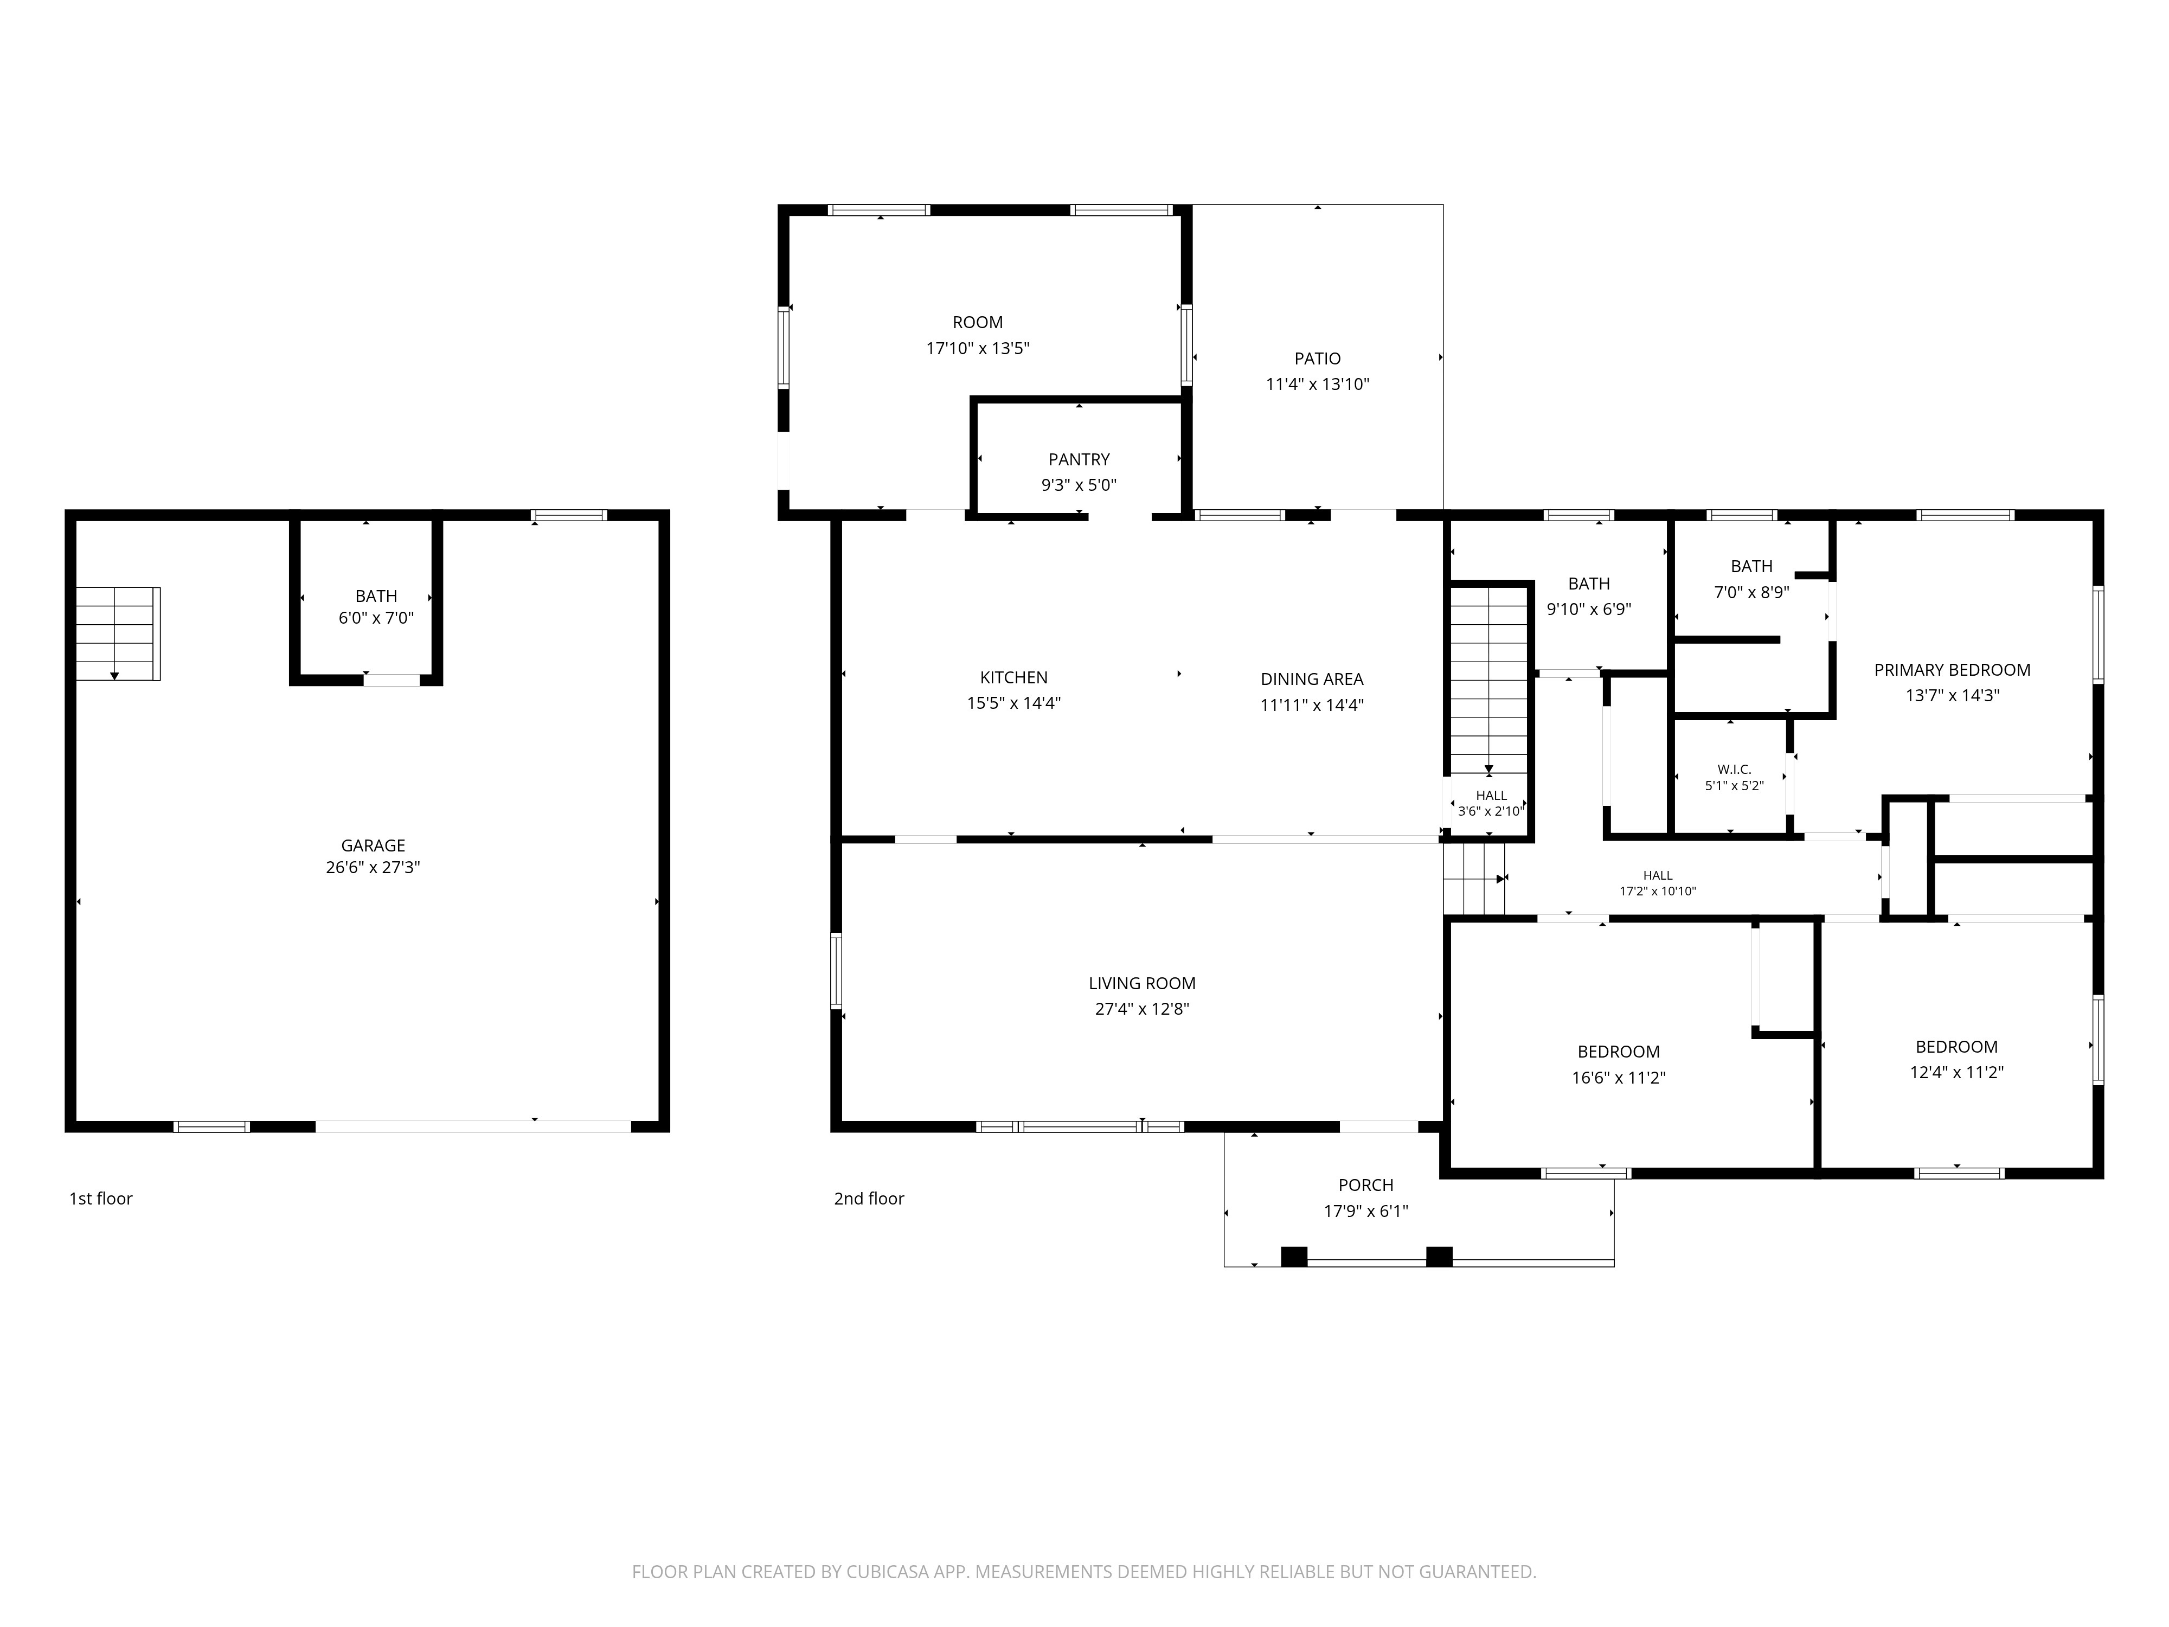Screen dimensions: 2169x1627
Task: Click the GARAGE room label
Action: (373, 845)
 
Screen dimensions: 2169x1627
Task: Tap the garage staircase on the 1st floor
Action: (118, 633)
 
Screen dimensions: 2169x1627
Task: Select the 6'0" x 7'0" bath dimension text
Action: (376, 619)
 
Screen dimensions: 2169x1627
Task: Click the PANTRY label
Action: (1079, 459)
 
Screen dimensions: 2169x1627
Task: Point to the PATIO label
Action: (1317, 359)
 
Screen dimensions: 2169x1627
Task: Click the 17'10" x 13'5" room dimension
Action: (978, 348)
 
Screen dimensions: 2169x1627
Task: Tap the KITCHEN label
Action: (1014, 678)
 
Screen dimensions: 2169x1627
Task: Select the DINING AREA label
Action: (1312, 678)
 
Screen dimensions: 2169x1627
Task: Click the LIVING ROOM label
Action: (1143, 984)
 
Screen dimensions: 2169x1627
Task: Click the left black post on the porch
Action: (1294, 1256)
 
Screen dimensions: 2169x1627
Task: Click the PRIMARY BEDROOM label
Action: (1952, 670)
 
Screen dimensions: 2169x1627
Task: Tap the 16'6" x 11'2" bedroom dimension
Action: (1619, 1078)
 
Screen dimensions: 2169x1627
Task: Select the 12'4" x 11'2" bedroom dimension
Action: (1956, 1073)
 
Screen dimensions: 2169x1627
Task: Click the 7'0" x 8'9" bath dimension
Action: (1751, 592)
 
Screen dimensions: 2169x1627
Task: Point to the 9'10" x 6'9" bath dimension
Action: (1588, 609)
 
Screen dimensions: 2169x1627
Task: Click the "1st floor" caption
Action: (100, 1199)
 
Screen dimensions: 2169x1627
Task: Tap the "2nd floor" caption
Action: (869, 1199)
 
